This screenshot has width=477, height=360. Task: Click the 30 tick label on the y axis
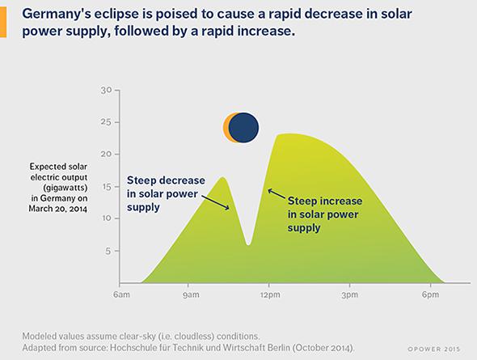point(106,91)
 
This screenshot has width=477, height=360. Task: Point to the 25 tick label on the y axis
point(106,122)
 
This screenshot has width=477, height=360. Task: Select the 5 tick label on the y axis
point(108,251)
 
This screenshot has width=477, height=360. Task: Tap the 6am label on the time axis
point(121,294)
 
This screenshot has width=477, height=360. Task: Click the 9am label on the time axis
point(191,294)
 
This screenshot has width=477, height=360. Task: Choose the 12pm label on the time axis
point(270,294)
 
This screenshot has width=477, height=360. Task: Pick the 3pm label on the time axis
point(349,294)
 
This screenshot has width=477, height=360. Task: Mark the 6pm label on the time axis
point(430,294)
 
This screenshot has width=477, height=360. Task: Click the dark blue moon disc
point(243,128)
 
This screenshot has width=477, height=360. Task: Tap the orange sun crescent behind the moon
point(226,128)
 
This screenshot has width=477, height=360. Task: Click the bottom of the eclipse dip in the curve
point(248,244)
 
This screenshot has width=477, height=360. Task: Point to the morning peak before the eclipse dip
point(223,177)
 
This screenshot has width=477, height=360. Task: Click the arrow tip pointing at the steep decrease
point(229,209)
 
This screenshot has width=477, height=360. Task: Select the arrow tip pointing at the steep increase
point(268,190)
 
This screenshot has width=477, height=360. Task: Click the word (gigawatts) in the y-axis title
point(65,188)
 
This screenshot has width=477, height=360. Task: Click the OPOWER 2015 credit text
point(434,349)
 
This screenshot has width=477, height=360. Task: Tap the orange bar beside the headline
point(3,22)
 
